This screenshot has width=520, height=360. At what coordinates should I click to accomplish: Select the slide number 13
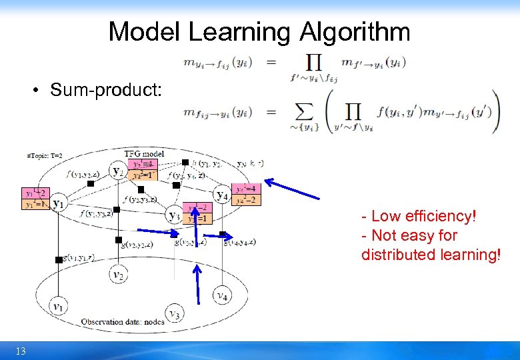pos(21,351)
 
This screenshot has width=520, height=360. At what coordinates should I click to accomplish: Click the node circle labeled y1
pos(59,203)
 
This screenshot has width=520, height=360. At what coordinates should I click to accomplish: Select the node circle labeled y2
pos(118,171)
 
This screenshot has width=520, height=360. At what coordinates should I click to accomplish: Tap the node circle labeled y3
pos(174,215)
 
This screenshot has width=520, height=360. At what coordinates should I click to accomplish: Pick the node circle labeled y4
pos(221,195)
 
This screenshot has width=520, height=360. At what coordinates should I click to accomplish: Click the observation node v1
pos(59,307)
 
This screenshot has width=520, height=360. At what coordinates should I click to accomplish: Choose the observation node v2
pos(118,274)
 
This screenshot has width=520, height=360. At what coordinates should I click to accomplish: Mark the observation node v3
pos(174,313)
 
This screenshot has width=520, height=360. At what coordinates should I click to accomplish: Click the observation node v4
pos(221,295)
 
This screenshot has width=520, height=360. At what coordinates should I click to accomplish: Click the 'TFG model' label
pos(144,153)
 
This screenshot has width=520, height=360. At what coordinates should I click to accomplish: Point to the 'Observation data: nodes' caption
pos(123,322)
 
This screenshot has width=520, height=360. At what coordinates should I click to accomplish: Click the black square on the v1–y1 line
pos(59,260)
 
